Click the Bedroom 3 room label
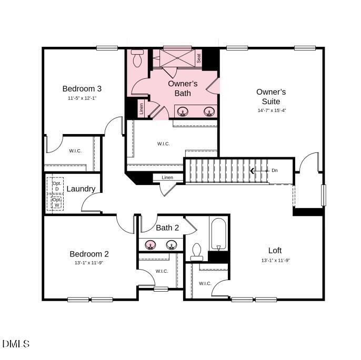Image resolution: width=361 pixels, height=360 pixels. click(x=82, y=88)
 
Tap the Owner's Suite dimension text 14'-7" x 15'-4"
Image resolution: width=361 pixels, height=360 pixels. click(x=272, y=110)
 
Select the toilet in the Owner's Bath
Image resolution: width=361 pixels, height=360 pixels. click(x=137, y=58)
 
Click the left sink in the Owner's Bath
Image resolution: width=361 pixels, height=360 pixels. click(x=184, y=111)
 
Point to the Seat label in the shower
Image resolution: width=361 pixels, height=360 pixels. click(x=199, y=59)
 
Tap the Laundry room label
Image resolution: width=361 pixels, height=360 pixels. click(x=81, y=189)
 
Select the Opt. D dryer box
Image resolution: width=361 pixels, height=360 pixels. click(x=56, y=186)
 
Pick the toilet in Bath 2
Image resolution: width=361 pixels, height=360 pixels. click(x=197, y=251)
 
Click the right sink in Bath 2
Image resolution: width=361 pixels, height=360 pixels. click(x=171, y=245)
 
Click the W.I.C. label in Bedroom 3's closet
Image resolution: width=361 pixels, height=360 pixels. click(x=75, y=151)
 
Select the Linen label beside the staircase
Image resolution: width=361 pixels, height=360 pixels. click(x=167, y=178)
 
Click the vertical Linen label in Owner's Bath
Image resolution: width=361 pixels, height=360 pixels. click(x=142, y=109)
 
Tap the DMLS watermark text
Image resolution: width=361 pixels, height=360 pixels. click(x=16, y=344)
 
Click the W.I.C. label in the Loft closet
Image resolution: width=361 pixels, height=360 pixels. click(x=205, y=284)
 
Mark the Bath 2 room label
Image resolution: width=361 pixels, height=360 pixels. click(x=168, y=228)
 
